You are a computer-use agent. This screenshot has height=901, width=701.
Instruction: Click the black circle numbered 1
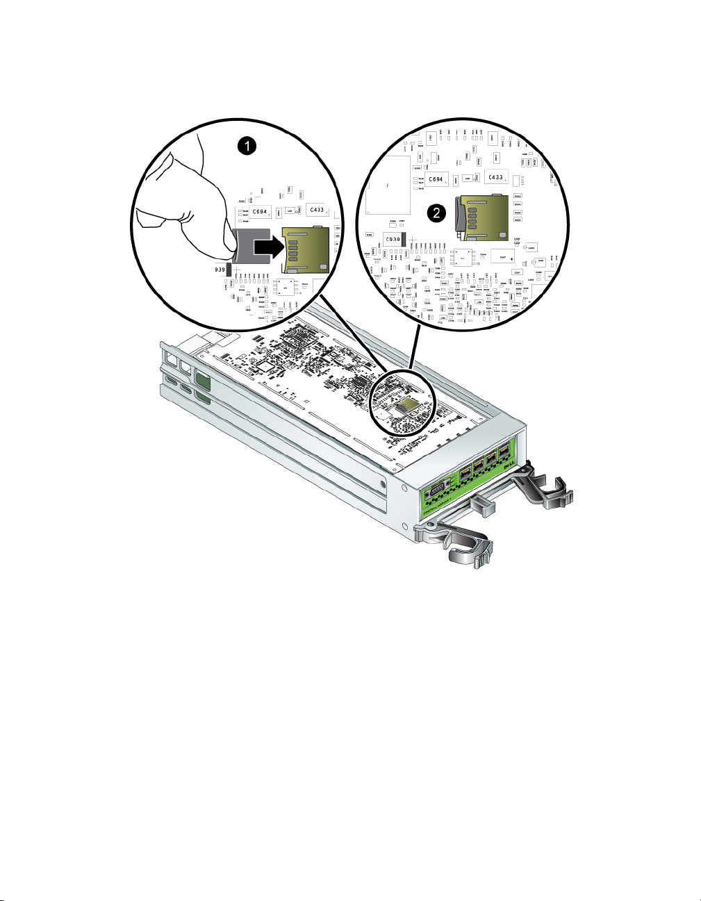246,146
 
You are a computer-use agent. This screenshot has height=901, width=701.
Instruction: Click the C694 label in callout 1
260,211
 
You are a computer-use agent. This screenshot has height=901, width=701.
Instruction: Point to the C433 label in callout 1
316,209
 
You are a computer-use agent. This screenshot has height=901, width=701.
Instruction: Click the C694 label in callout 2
436,179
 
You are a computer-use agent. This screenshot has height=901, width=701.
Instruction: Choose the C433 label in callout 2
495,177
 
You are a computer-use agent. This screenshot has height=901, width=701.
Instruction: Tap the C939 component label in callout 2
393,240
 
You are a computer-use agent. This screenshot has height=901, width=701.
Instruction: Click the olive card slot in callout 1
304,249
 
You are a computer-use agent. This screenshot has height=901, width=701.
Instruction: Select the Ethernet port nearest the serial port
465,478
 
